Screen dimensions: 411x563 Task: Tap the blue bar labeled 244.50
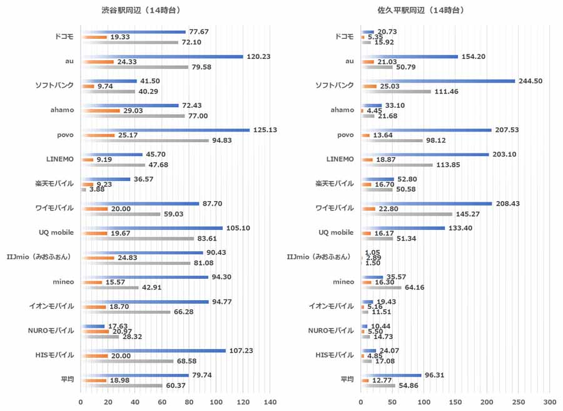click(438, 81)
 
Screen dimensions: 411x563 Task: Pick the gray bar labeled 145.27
click(407, 214)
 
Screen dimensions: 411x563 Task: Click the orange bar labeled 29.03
click(100, 110)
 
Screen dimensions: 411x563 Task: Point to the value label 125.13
click(263, 130)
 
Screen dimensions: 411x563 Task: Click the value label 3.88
click(97, 189)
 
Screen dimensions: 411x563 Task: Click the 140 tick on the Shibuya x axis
click(270, 400)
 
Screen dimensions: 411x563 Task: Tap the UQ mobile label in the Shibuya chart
click(56, 232)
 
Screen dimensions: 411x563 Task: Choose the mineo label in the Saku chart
click(343, 281)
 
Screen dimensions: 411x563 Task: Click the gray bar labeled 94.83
click(145, 140)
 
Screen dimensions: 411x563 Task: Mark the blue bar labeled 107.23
click(153, 350)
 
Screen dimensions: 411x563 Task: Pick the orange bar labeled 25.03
click(368, 86)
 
